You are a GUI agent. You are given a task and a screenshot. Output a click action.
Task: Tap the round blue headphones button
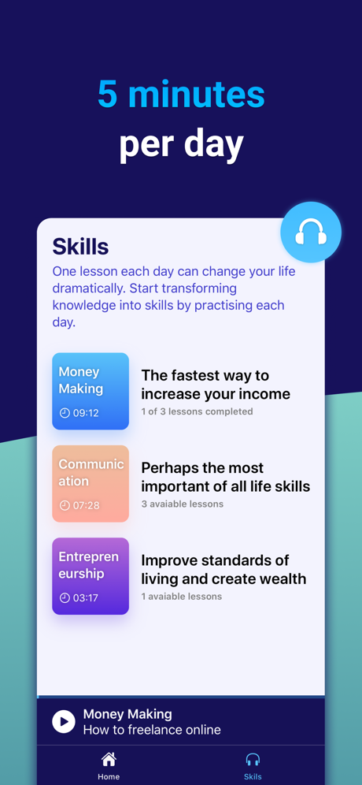[311, 233]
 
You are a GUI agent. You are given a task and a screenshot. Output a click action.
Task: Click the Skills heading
[80, 247]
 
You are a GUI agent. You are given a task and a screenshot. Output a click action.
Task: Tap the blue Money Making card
[90, 391]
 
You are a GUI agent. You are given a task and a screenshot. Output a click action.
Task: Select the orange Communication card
[90, 484]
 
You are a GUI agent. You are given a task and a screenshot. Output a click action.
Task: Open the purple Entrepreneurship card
[90, 576]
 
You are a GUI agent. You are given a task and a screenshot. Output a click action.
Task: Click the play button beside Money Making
[64, 721]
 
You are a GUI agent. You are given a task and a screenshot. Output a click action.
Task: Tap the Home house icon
[109, 760]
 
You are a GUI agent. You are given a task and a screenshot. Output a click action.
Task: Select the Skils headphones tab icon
[253, 760]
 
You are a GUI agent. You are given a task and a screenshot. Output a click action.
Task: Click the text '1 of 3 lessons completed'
[197, 411]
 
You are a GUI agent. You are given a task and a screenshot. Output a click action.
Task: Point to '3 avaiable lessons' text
[182, 504]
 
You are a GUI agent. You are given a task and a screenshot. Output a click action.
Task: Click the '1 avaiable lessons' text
[182, 597]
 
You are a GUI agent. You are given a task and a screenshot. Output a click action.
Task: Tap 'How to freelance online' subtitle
[152, 730]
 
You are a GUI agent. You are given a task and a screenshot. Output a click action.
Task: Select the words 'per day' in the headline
[181, 145]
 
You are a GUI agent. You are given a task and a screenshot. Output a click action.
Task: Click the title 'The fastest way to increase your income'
[216, 385]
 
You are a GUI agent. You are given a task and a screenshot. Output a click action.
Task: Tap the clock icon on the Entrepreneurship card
[65, 597]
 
